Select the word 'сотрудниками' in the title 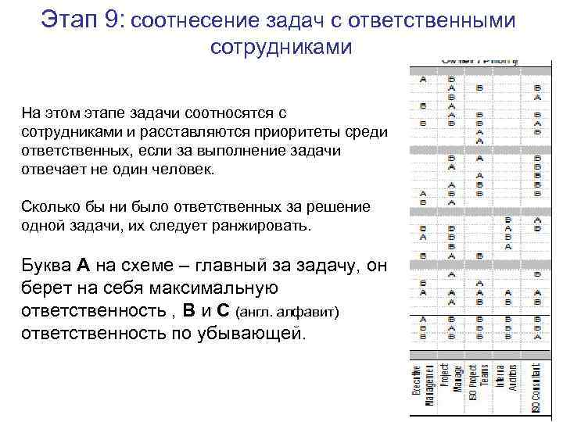[x=281, y=47]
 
